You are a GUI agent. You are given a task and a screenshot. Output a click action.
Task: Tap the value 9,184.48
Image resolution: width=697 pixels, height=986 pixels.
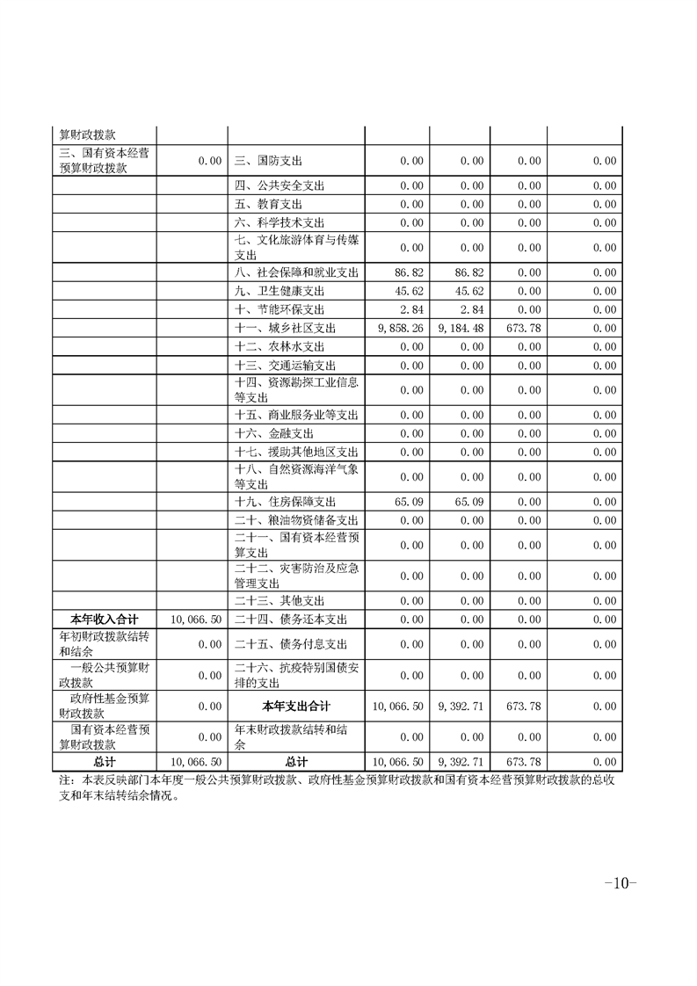(x=461, y=328)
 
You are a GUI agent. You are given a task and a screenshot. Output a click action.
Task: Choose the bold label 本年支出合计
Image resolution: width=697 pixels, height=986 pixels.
(x=296, y=706)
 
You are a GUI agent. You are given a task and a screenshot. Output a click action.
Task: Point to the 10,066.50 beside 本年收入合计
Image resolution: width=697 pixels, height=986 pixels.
(x=196, y=619)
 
